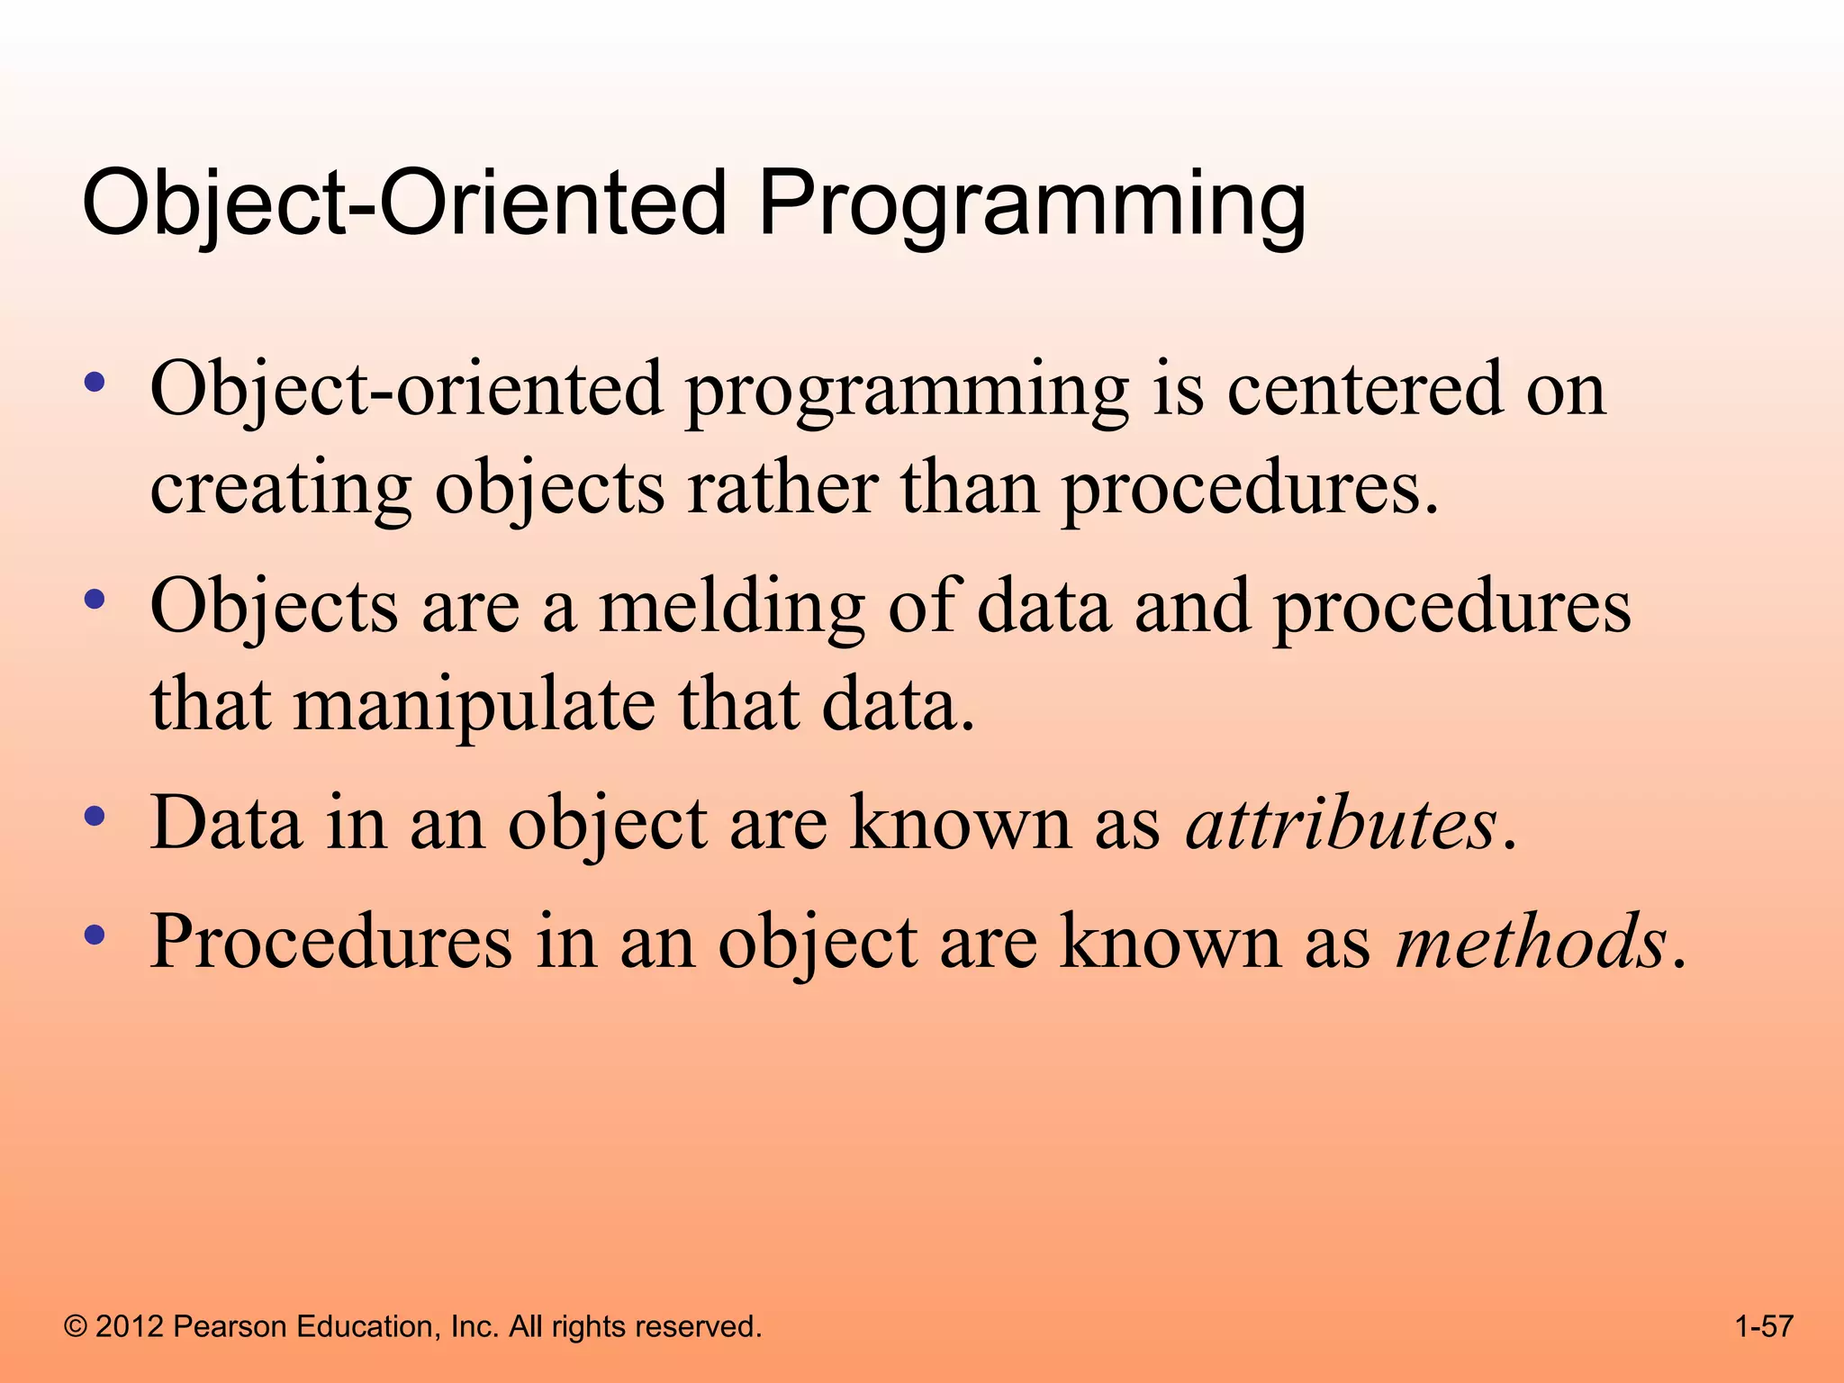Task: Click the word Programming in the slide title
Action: pos(1031,205)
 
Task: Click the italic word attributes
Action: pos(1341,824)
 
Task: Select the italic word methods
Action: pos(1531,942)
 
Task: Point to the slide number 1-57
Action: pos(1764,1326)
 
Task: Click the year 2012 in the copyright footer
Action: pos(129,1326)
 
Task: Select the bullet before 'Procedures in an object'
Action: pos(95,936)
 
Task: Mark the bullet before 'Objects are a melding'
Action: pos(95,600)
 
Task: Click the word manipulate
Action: pos(475,705)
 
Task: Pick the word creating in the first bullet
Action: pos(280,491)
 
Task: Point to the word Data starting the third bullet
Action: pos(225,822)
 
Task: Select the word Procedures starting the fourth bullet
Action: pos(331,942)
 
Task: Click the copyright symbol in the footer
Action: pos(76,1326)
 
